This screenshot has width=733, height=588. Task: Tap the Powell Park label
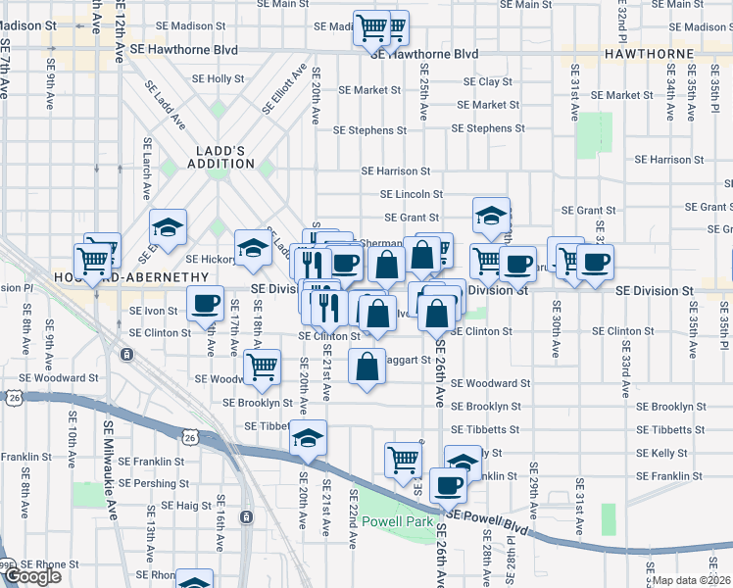click(398, 522)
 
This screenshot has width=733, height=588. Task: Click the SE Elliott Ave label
click(283, 89)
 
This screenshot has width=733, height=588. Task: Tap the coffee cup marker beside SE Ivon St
click(205, 305)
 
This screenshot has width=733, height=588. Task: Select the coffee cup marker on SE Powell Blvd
click(449, 484)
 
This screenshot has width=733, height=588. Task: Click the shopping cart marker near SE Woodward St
click(262, 367)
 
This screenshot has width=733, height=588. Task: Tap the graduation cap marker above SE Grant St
click(491, 213)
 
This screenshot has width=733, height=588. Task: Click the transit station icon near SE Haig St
click(247, 516)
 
